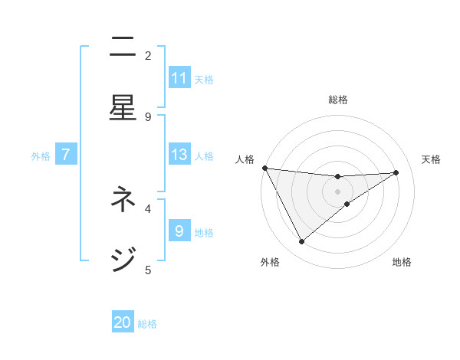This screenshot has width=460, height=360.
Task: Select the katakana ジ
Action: click(x=123, y=259)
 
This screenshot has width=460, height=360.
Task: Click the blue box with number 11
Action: click(x=179, y=78)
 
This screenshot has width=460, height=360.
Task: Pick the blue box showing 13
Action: click(x=179, y=155)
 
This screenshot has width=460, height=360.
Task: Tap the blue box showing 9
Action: click(x=179, y=231)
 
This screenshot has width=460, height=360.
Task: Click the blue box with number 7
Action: click(x=66, y=155)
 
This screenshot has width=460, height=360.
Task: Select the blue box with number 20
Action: click(x=123, y=323)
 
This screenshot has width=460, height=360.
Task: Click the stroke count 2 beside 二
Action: click(x=148, y=55)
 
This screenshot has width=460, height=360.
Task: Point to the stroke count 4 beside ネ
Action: click(x=148, y=208)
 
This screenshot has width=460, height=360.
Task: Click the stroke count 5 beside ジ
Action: click(x=148, y=269)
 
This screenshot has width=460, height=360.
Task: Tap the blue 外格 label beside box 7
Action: click(x=41, y=155)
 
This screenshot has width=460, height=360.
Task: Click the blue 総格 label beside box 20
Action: click(x=147, y=324)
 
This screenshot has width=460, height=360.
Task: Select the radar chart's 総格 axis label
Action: click(x=338, y=100)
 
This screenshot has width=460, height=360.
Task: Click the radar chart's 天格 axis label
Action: click(x=432, y=159)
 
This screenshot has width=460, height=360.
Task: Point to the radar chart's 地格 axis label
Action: click(x=402, y=262)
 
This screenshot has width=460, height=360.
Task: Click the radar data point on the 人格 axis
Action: click(x=264, y=168)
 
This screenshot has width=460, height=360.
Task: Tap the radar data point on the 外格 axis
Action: click(x=301, y=241)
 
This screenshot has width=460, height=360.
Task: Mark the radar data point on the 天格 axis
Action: click(x=396, y=172)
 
